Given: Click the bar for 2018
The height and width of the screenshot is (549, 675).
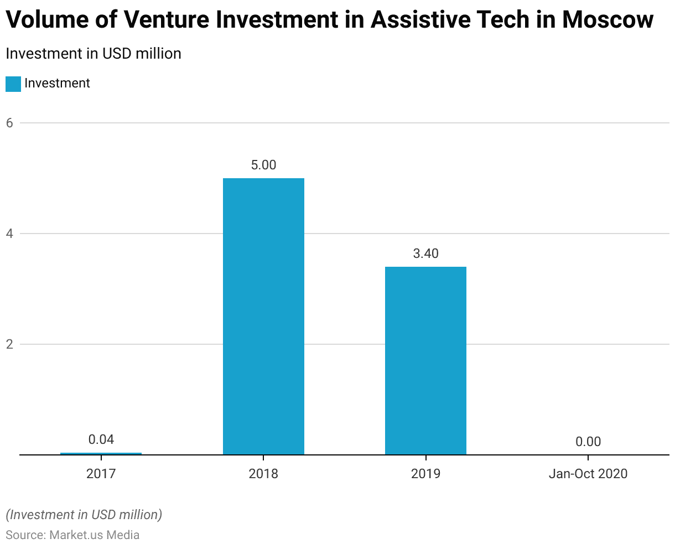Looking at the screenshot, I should [x=263, y=316].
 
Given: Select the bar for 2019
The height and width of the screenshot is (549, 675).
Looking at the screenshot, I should [x=425, y=360].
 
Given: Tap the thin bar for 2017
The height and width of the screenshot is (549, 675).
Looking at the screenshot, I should [x=101, y=453].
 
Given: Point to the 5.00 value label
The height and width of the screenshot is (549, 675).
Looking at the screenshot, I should [x=263, y=165].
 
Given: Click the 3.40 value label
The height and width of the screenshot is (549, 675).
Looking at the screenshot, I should [x=425, y=253].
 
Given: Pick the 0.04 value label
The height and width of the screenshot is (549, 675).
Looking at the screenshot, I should [x=101, y=439].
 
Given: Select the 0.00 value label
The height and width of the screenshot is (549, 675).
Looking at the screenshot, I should [x=588, y=442].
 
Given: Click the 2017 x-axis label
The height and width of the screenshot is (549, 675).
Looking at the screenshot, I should [x=101, y=474].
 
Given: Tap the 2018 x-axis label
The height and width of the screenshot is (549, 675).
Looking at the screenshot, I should [x=263, y=474].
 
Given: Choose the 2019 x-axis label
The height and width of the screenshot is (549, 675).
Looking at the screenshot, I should [x=425, y=474].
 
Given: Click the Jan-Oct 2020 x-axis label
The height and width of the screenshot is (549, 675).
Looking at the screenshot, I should [x=588, y=474].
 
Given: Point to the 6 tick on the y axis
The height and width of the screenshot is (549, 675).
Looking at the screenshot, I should [x=9, y=123].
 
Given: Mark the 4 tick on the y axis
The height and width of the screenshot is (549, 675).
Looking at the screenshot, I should [x=9, y=234].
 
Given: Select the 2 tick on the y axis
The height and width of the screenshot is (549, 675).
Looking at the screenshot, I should [x=9, y=344].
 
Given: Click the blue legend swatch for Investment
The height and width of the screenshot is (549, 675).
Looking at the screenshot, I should [x=13, y=84].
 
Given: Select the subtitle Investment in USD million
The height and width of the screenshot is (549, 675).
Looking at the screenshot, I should [x=94, y=54].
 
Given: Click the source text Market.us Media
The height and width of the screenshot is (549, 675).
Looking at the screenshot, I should [x=94, y=535].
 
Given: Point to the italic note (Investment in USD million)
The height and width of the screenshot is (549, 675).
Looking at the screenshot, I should [x=84, y=515].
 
